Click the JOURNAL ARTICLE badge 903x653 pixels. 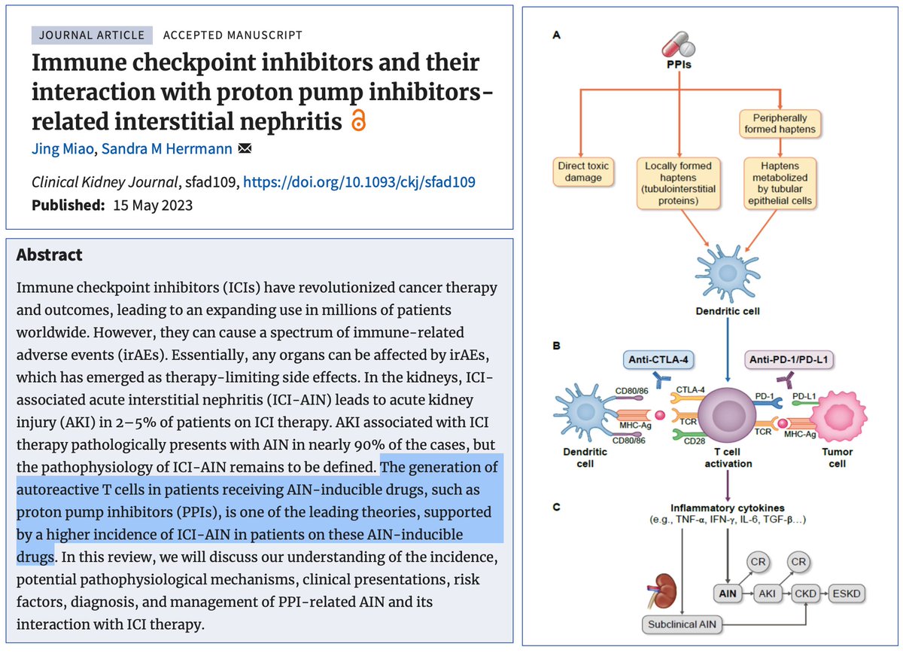[x=92, y=35]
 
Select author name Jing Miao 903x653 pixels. [x=63, y=149]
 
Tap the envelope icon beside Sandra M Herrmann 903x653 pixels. [x=245, y=148]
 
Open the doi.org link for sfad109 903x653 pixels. [x=359, y=182]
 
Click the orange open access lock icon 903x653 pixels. [x=358, y=121]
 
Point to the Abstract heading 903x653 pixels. [x=49, y=255]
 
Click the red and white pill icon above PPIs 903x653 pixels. [x=678, y=44]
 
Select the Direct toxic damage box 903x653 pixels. [x=583, y=172]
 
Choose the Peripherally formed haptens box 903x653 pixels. [x=780, y=124]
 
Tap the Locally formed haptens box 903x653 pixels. [x=678, y=183]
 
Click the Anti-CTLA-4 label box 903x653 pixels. [x=658, y=359]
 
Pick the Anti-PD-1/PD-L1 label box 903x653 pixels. [x=789, y=359]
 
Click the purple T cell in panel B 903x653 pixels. [x=727, y=417]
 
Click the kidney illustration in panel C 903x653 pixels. [x=662, y=590]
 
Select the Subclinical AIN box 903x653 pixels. [x=682, y=624]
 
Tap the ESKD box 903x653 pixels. [x=846, y=593]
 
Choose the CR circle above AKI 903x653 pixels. [x=758, y=562]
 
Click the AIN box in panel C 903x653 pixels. [x=728, y=593]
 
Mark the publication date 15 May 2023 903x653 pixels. [x=153, y=206]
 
